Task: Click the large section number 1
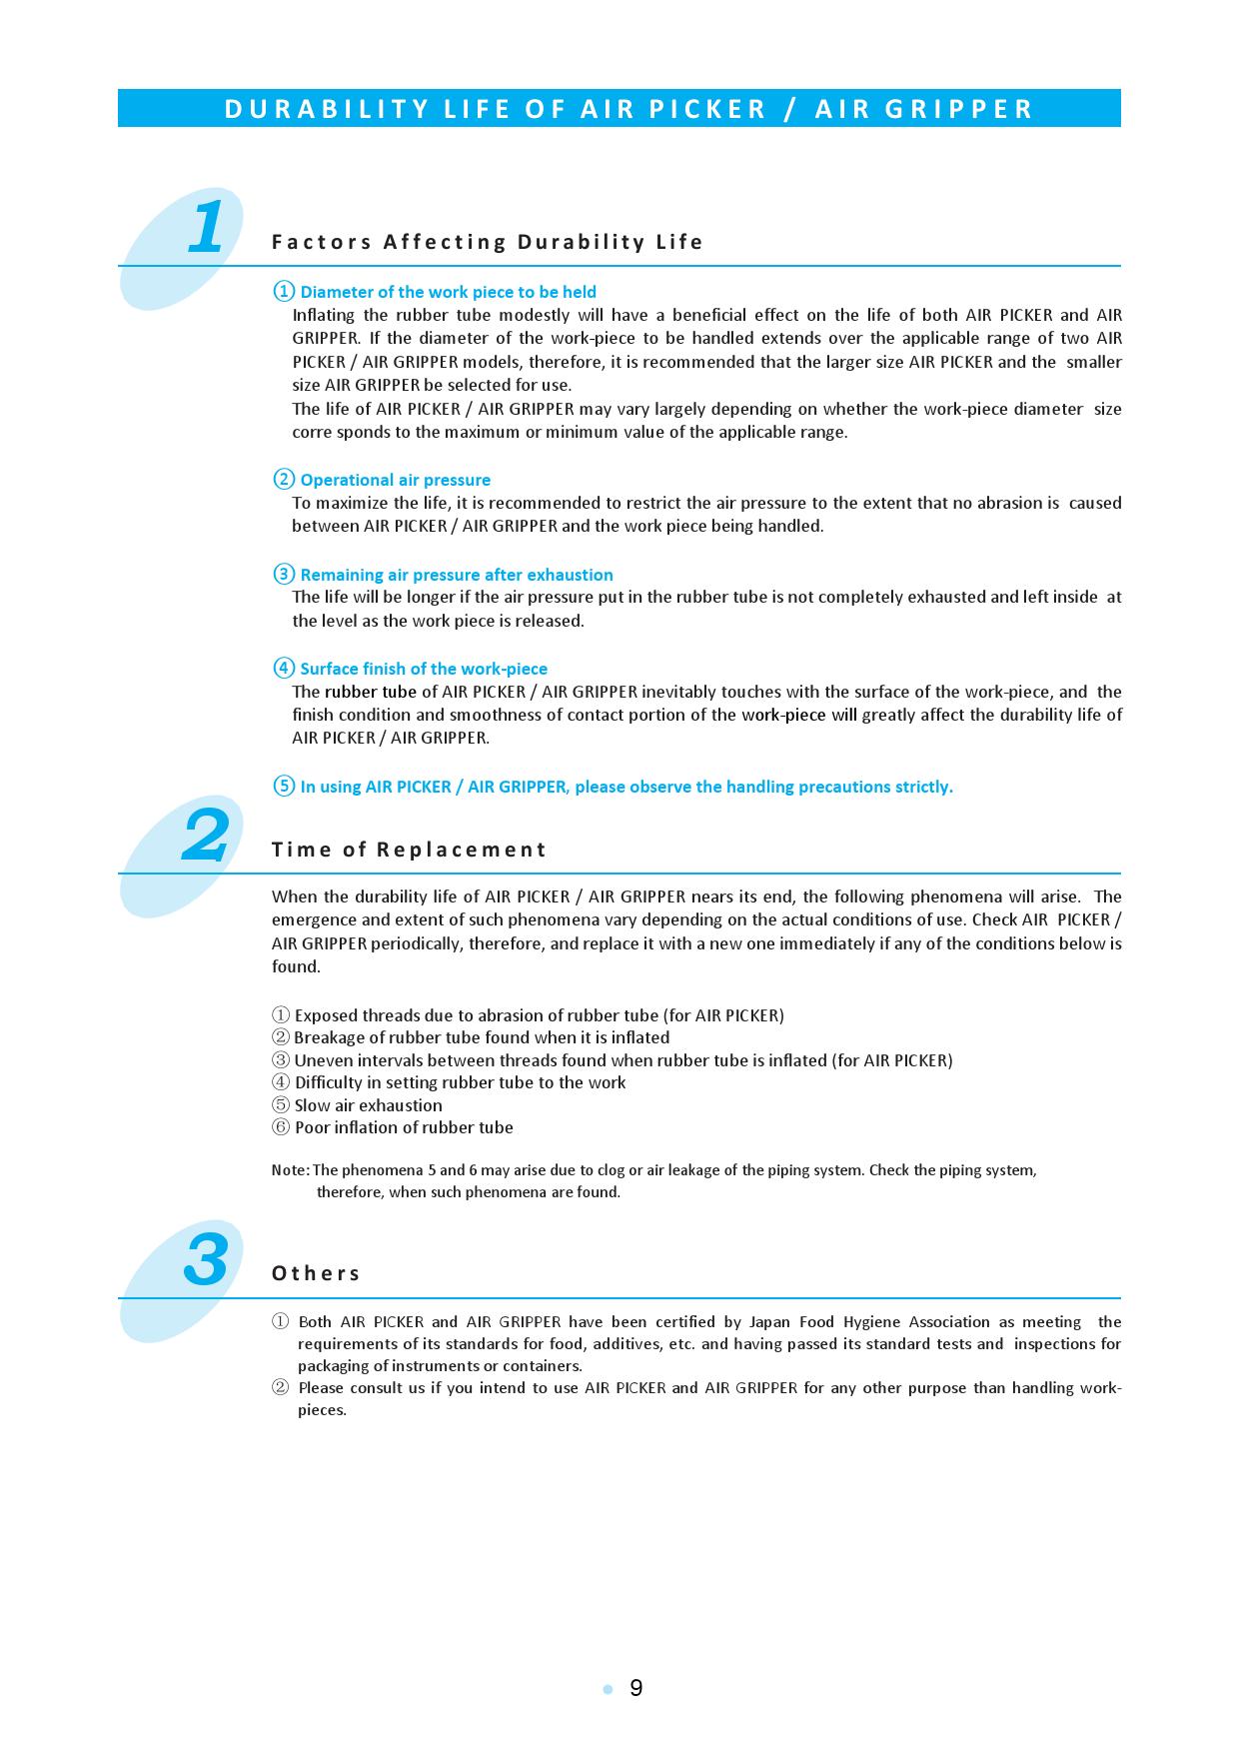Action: [x=207, y=228]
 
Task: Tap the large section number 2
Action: [x=206, y=837]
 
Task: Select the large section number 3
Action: [x=206, y=1260]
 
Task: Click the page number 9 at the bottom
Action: [x=636, y=1688]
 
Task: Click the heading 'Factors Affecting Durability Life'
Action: [x=488, y=242]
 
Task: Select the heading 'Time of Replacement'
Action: [x=409, y=850]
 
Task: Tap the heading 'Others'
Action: [x=316, y=1273]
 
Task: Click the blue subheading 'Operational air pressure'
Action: [x=395, y=480]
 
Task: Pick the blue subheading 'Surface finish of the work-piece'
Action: [x=424, y=669]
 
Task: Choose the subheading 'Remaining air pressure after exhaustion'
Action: [x=457, y=575]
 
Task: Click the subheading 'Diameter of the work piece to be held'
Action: [x=448, y=292]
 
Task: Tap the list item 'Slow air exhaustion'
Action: [x=368, y=1105]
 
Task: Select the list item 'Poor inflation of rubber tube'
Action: [x=404, y=1127]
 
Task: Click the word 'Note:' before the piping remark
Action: [x=290, y=1170]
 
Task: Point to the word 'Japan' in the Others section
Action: [x=769, y=1322]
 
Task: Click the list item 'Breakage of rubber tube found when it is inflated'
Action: [x=482, y=1037]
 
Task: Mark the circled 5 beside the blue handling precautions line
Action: [x=284, y=787]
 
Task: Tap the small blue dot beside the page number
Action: [x=607, y=1689]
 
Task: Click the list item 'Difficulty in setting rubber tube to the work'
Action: [x=460, y=1082]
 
